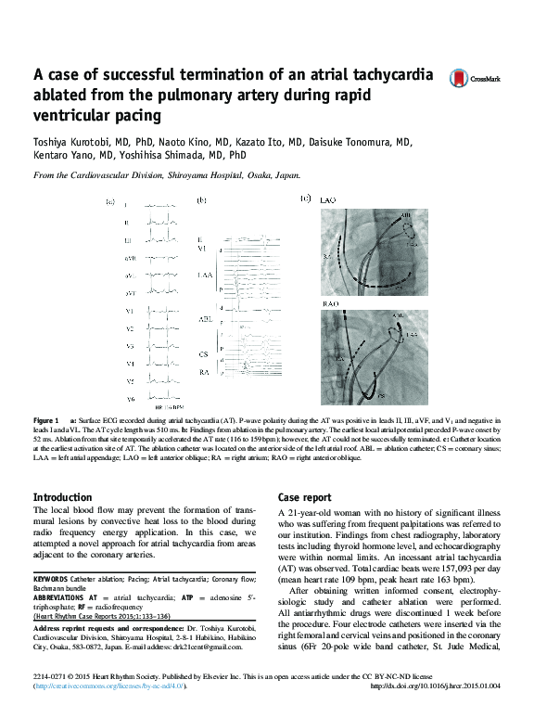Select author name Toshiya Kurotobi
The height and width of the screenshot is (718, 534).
pos(65,143)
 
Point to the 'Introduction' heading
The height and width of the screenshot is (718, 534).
pos(68,497)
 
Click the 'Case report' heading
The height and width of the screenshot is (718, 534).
pos(304,497)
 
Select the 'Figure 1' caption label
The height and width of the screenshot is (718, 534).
pos(45,420)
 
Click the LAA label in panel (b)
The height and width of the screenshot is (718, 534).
pos(205,276)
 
